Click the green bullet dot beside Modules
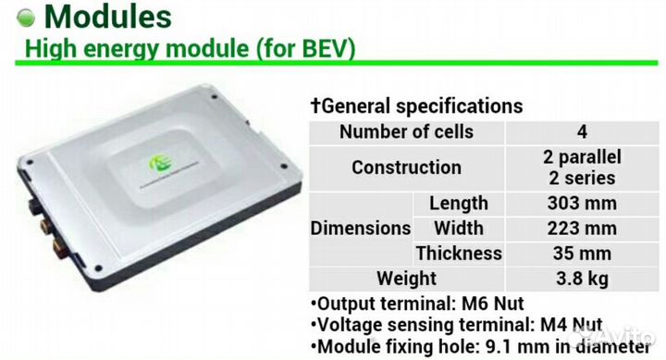(26, 19)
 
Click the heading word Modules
(108, 17)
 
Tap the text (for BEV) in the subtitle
(305, 48)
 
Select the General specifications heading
(416, 106)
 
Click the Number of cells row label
(406, 131)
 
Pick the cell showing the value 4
(582, 132)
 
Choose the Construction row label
(406, 168)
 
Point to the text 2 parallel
(582, 157)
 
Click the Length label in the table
(459, 204)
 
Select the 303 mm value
(582, 204)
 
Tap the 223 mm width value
(582, 229)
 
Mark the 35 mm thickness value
(582, 254)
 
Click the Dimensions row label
(361, 229)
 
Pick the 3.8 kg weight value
(582, 279)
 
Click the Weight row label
(406, 279)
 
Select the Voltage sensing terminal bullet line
(457, 325)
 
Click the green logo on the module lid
(160, 164)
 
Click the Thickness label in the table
(459, 254)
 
